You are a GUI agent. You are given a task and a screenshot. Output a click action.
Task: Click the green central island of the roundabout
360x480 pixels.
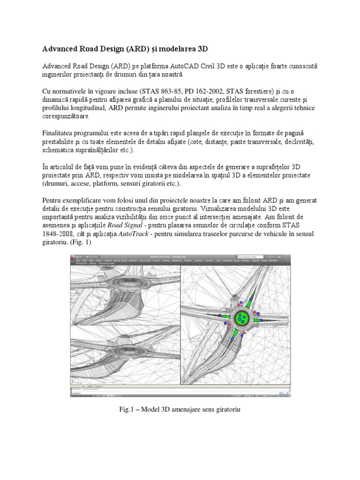[242, 318]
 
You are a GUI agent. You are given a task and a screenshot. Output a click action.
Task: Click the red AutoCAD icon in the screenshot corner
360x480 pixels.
[73, 257]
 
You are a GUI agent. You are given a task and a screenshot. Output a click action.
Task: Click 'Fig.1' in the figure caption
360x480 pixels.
[128, 409]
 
